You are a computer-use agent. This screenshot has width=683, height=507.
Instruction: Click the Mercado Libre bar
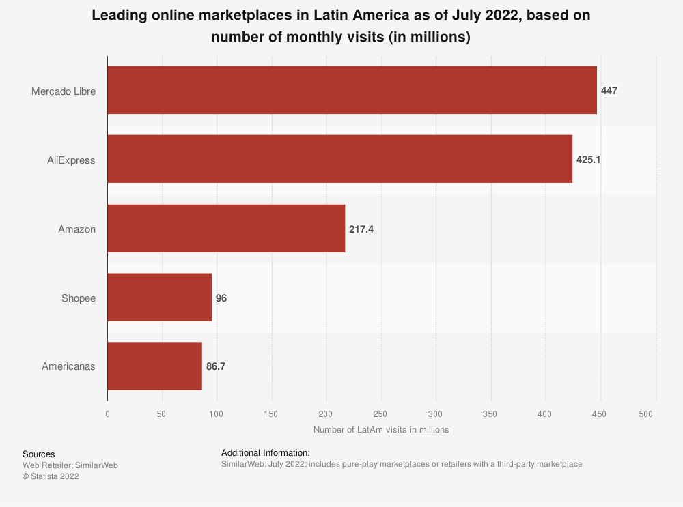click(352, 90)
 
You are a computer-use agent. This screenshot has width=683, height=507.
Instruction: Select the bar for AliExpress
click(339, 160)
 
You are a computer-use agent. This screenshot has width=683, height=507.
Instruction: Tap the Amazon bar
click(226, 229)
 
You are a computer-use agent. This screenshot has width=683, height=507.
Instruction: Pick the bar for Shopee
click(160, 298)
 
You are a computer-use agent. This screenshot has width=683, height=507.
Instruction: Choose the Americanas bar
click(155, 366)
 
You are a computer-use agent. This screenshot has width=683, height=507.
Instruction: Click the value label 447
click(609, 91)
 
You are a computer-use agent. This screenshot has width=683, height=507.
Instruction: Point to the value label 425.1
click(588, 160)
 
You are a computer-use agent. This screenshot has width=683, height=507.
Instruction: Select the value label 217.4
click(361, 229)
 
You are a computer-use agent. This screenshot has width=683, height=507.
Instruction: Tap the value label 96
click(221, 298)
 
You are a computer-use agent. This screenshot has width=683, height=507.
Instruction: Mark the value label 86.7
click(216, 367)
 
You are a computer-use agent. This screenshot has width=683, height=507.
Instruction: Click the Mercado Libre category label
click(64, 91)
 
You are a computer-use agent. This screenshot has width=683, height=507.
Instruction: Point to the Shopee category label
click(78, 298)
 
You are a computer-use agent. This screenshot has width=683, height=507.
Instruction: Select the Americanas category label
click(68, 367)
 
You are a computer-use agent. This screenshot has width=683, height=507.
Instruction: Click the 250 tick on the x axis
click(381, 414)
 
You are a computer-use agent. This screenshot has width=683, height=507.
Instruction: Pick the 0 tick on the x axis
click(107, 414)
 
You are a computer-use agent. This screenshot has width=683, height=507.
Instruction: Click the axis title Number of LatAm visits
click(381, 430)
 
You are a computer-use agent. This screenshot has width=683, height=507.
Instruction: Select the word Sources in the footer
click(39, 454)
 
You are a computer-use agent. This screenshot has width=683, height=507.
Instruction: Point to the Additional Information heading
click(266, 452)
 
